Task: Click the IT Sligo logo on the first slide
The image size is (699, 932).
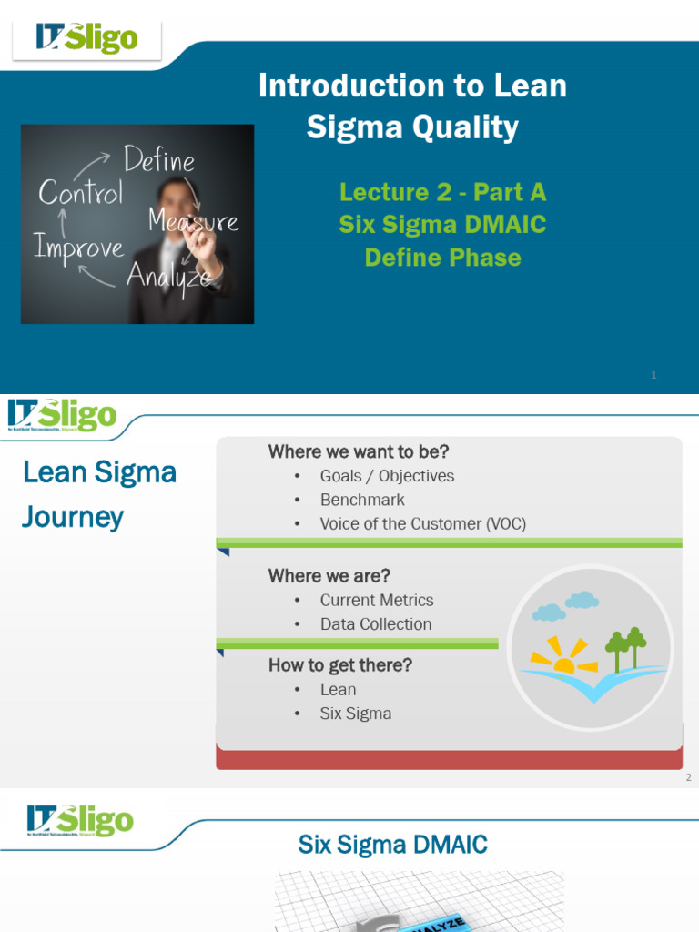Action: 86,37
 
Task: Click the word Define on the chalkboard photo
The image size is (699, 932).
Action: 159,161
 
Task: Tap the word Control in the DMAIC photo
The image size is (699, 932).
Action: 80,193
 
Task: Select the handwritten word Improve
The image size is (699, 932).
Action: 78,246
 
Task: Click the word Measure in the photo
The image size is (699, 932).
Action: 193,220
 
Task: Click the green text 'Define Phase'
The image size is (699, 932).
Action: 442,258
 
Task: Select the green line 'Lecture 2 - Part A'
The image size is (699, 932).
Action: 442,192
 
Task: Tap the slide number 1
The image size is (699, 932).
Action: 653,375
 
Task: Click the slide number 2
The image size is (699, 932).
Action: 688,777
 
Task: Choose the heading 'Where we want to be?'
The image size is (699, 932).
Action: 358,451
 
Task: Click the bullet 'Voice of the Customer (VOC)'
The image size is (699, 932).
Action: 422,523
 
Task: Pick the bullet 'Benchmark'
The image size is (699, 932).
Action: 361,500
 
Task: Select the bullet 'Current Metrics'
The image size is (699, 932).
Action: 376,600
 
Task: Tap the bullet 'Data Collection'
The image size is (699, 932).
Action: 375,623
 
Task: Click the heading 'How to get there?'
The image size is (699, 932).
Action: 339,665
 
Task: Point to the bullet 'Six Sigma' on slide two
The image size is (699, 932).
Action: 355,714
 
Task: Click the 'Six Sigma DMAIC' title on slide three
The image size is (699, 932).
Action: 392,845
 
